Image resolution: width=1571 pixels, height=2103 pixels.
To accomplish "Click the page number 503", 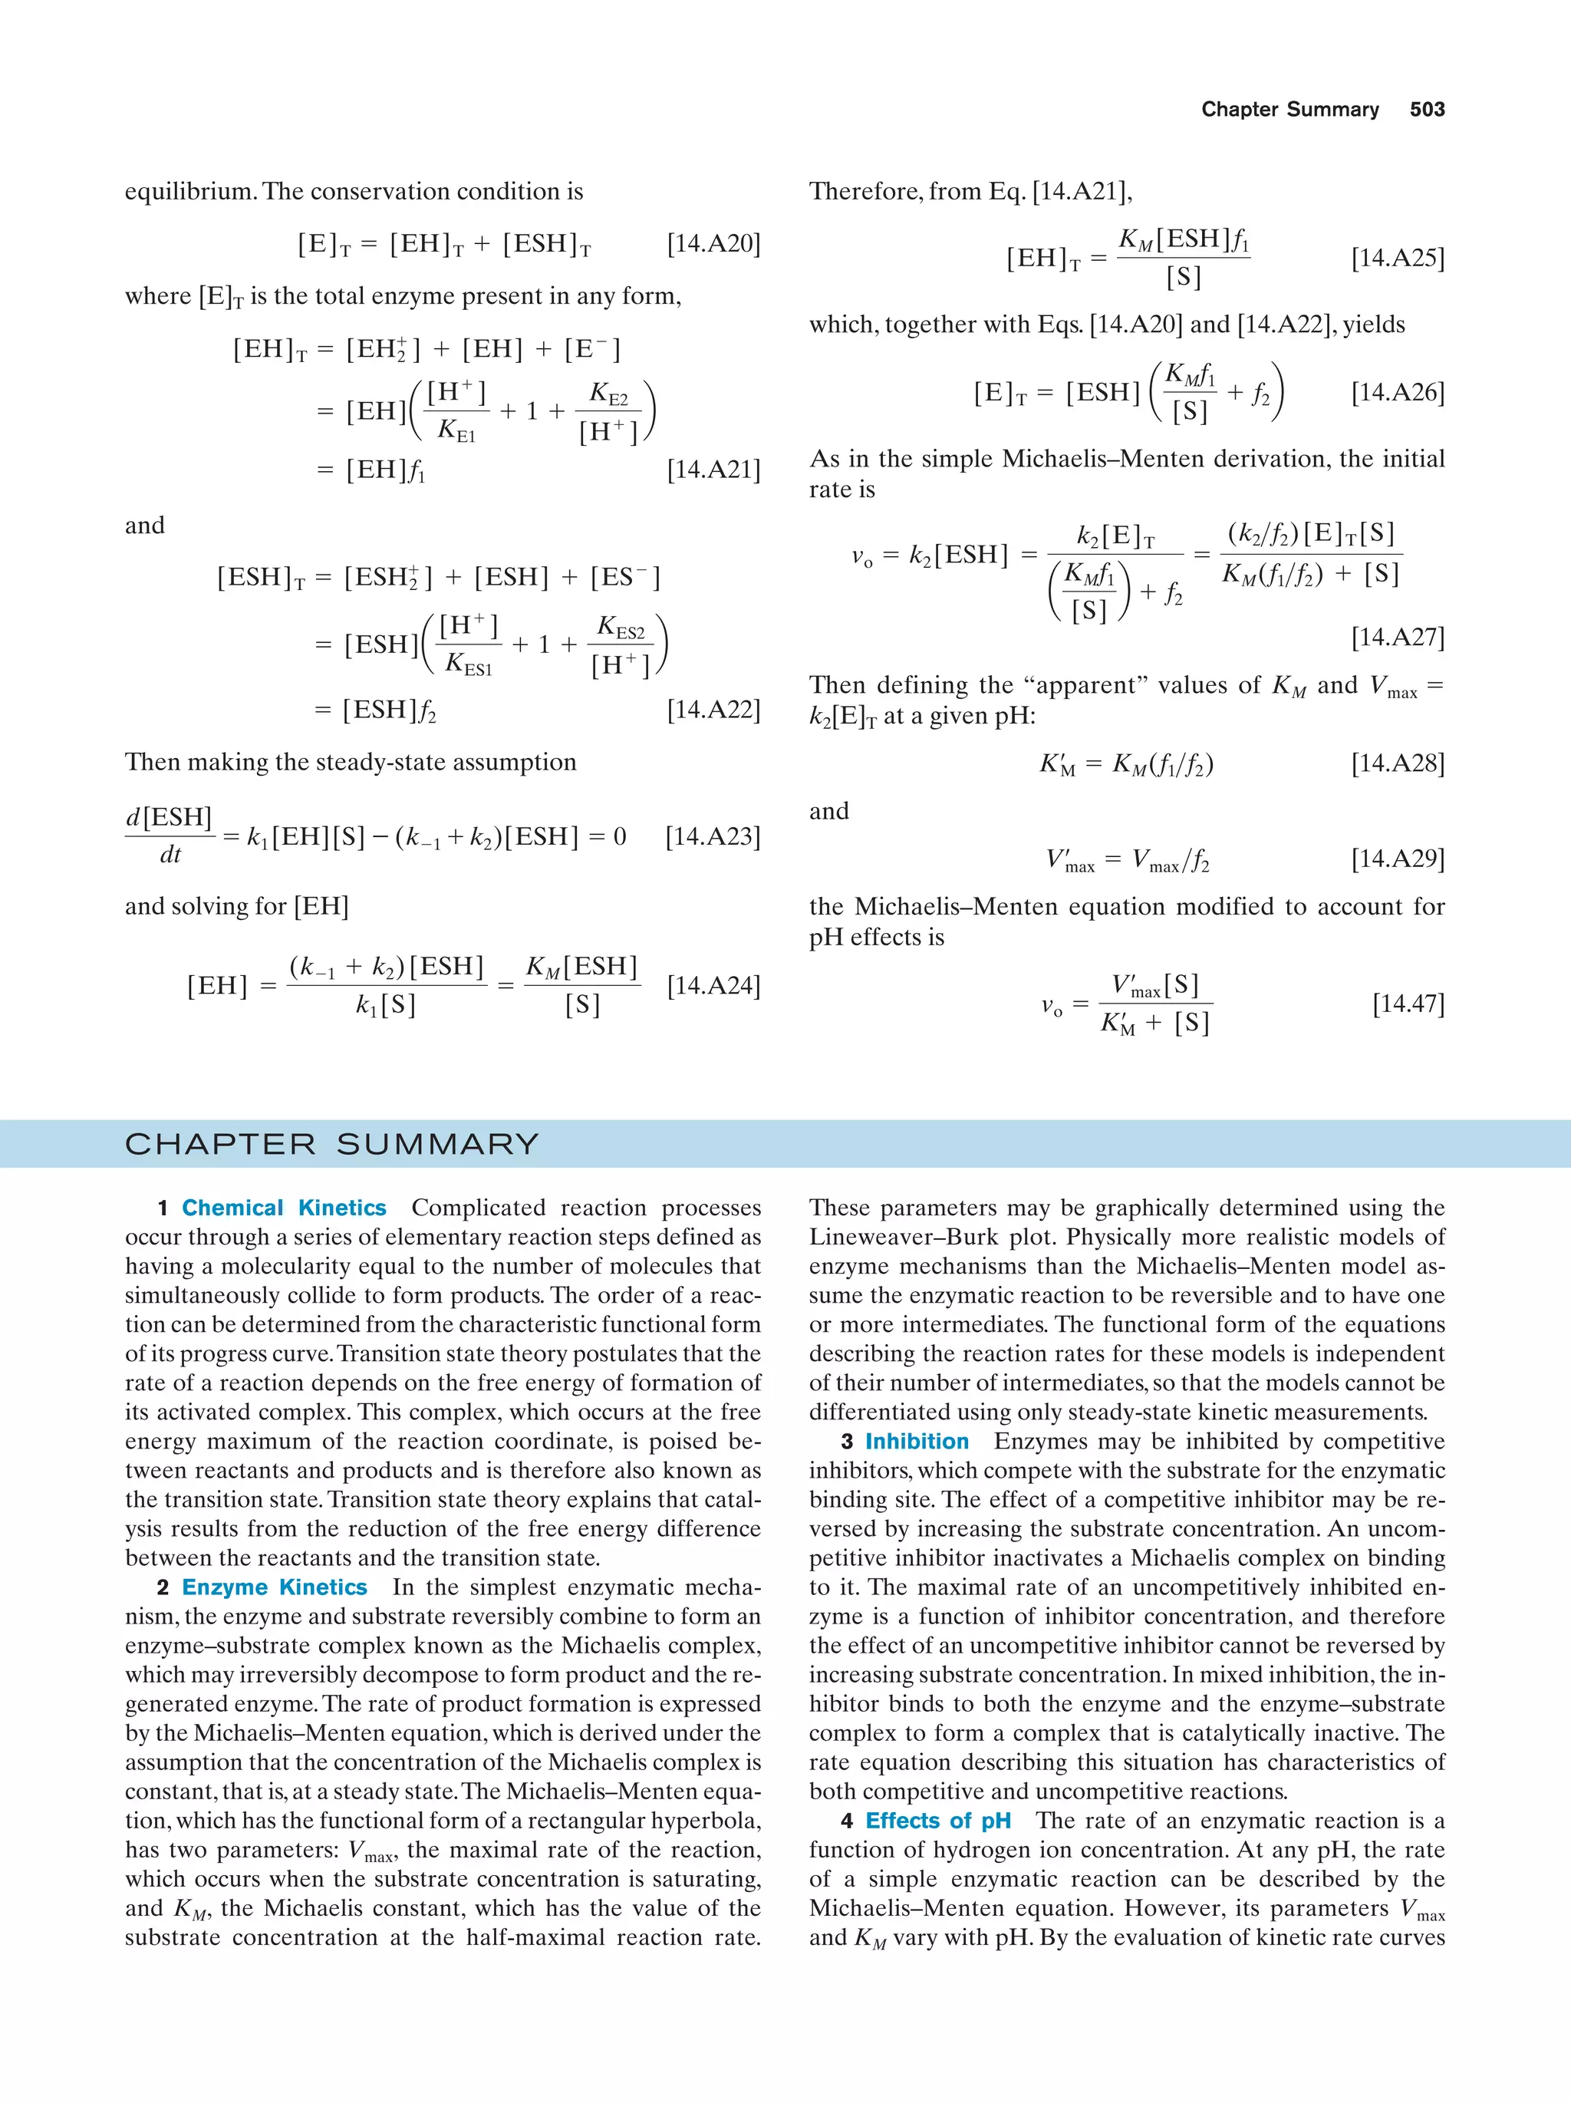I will (x=1427, y=110).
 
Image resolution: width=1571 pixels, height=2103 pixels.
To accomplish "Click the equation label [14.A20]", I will (x=713, y=244).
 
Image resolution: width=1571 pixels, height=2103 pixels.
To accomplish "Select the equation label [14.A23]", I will (x=713, y=836).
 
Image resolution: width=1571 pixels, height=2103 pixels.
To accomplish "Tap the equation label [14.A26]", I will (x=1397, y=393).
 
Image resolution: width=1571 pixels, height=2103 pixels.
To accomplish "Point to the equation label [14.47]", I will (x=1408, y=1004).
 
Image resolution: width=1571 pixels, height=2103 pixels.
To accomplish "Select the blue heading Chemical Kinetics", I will (x=283, y=1208).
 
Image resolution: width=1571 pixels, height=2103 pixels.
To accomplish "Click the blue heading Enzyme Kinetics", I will (x=274, y=1587).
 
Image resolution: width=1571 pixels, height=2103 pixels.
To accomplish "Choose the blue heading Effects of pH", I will (x=937, y=1821).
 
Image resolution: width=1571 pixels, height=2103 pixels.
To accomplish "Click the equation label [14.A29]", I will (x=1397, y=859).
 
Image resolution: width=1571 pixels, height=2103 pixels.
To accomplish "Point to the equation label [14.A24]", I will (x=713, y=986).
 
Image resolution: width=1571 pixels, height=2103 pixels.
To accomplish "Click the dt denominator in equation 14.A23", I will (x=170, y=855).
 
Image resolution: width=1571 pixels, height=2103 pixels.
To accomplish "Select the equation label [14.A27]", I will (x=1397, y=637).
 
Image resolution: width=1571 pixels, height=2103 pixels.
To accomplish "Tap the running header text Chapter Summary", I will (x=1289, y=110).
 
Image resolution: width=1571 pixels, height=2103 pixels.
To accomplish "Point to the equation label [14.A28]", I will (x=1397, y=763).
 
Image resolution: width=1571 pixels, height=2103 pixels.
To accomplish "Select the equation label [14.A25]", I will (x=1397, y=259).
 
